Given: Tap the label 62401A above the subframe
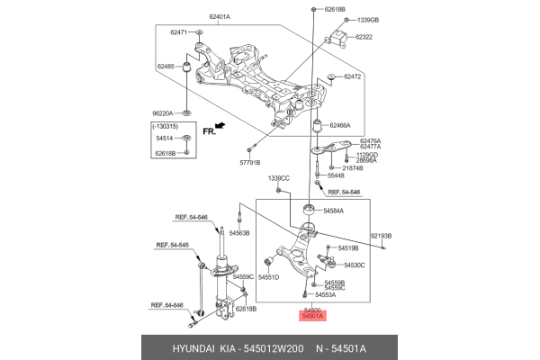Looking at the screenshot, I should (x=220, y=17).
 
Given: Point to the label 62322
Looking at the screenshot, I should (x=364, y=38).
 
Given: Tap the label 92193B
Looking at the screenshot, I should (x=380, y=235).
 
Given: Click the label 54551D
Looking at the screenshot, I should (x=269, y=277).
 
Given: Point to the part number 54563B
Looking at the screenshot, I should (x=239, y=233).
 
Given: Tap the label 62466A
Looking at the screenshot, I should (x=340, y=125).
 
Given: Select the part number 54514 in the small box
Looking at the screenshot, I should (x=164, y=139).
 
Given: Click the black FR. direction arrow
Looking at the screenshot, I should (x=216, y=129).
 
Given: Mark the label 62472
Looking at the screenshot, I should (x=352, y=77).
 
